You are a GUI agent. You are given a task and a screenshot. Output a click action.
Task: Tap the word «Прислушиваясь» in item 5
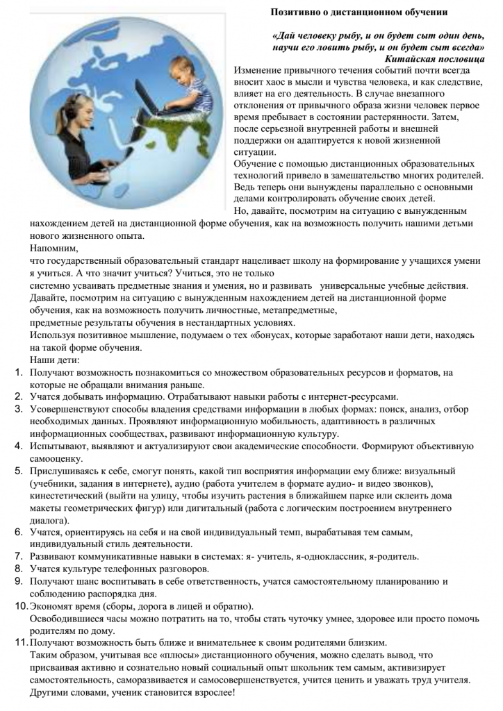pyautogui.click(x=63, y=471)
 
